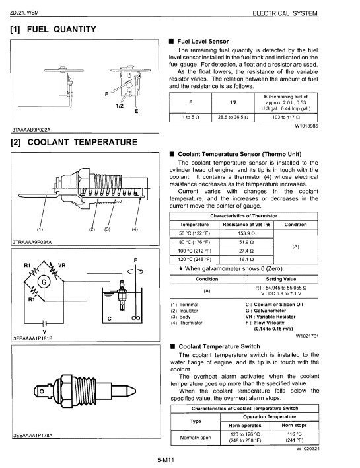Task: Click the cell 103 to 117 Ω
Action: pos(284,116)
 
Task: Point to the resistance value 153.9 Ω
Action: pos(244,233)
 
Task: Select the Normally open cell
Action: pos(196,438)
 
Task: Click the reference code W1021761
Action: pos(306,336)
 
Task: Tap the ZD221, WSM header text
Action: pos(24,13)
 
